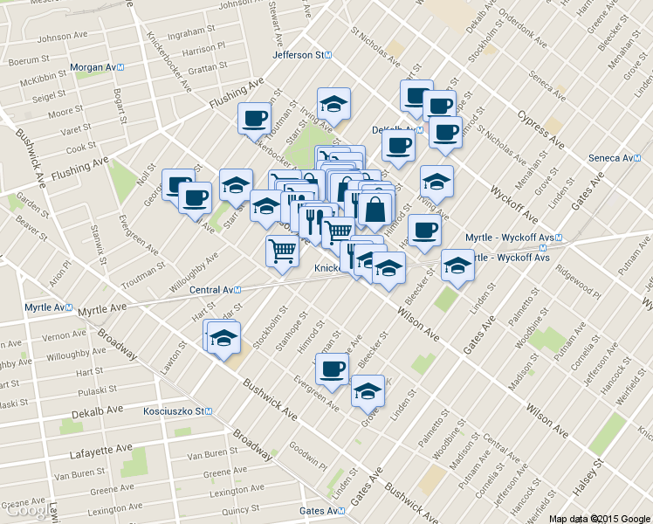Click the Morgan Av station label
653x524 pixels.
pyautogui.click(x=99, y=67)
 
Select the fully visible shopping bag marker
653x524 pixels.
pyautogui.click(x=375, y=210)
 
